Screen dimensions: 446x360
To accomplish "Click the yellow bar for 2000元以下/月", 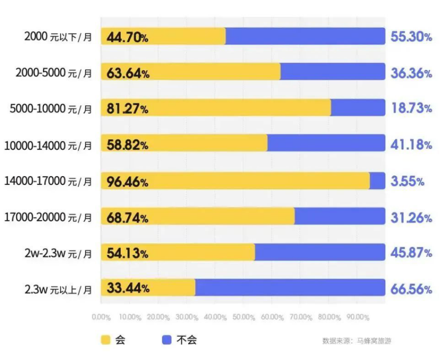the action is point(163,36).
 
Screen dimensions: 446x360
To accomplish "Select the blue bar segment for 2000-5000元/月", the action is point(333,71).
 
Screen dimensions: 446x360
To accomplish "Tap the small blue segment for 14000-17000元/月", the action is point(378,181).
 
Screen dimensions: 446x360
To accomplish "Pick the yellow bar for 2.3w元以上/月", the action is point(148,288).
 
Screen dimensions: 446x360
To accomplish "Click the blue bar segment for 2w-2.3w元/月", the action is point(320,252).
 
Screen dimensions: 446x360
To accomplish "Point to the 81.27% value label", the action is point(128,109).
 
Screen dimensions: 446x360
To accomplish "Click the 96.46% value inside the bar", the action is point(128,182).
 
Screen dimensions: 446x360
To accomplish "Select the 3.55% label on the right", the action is point(408,181).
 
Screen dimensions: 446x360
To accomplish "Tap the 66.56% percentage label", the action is point(411,289).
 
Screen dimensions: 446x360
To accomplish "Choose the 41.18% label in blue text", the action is point(411,145).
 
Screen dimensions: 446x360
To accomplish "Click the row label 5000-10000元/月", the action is point(51,109).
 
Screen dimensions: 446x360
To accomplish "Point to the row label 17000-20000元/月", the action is point(48,217).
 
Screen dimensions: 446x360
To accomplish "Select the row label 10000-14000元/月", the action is point(48,145).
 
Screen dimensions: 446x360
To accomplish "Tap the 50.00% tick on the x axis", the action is point(244,317).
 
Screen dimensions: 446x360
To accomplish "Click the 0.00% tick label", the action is point(101,317).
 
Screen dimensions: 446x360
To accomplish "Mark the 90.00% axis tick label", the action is point(358,317).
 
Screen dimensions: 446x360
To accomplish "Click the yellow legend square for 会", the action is point(106,340).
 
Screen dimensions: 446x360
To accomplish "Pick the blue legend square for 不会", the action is point(166,340).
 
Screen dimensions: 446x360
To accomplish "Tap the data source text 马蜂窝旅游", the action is point(374,340).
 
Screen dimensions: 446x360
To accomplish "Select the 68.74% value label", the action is point(128,218).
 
